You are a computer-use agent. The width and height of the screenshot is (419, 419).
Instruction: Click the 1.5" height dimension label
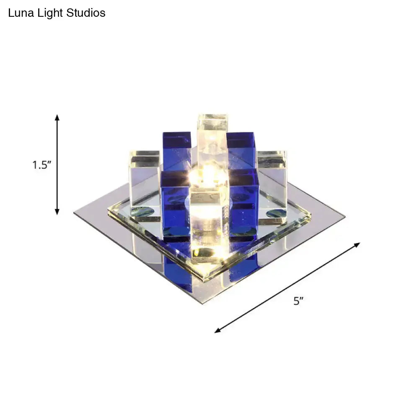[x=42, y=165]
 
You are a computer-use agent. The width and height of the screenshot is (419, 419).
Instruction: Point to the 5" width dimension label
[x=298, y=301]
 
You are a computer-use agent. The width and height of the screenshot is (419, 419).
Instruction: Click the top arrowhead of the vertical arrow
[x=57, y=117]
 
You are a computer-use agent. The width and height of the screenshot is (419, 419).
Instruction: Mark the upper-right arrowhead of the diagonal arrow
[x=357, y=245]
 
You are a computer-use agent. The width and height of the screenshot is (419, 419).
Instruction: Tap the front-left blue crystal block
[x=175, y=201]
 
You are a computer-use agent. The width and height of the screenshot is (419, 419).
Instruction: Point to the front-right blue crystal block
[x=244, y=199]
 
